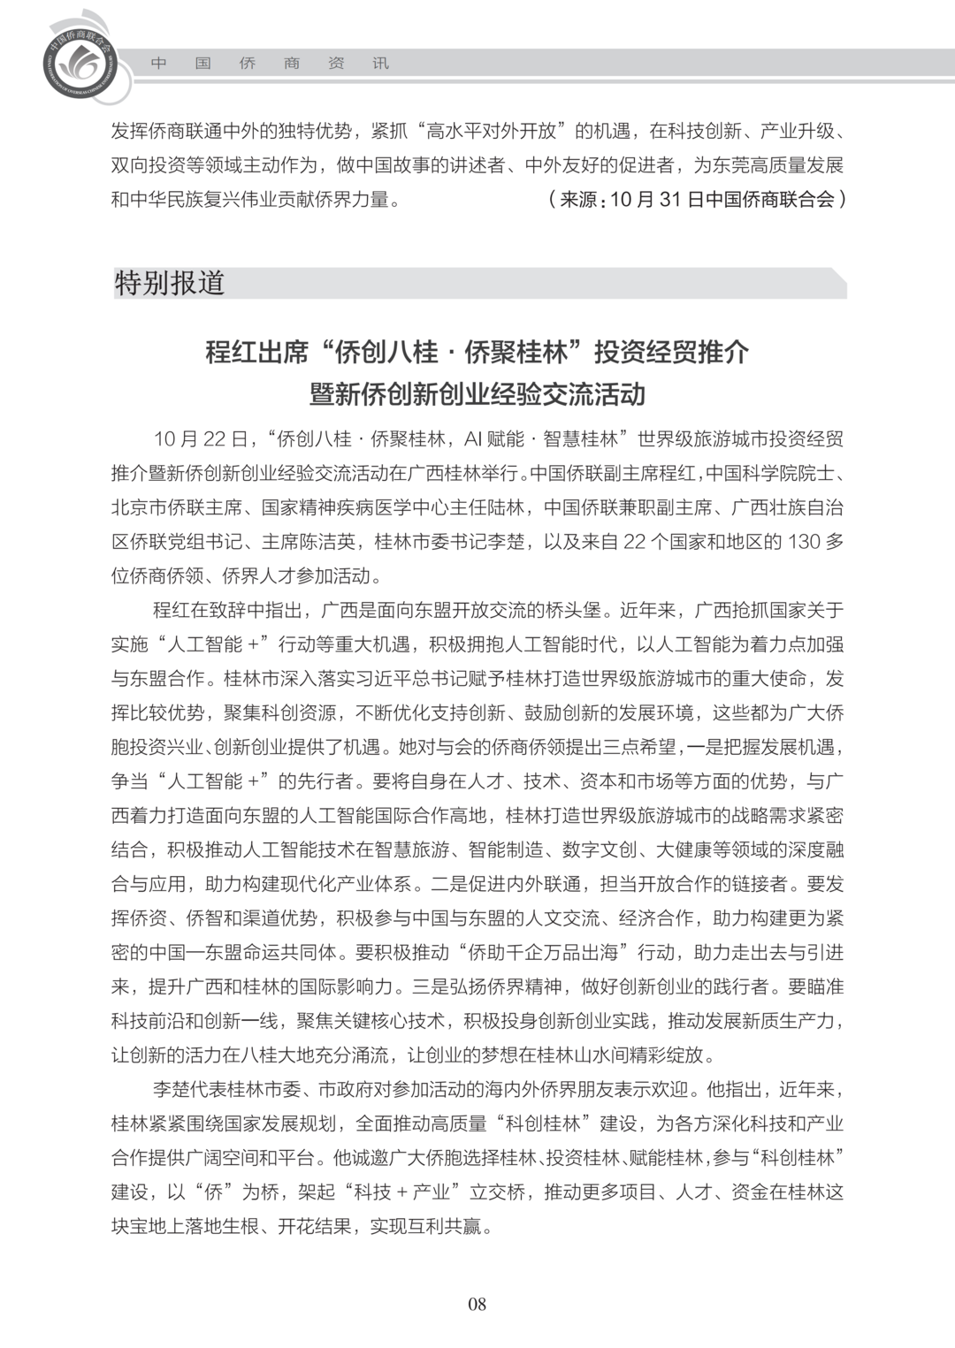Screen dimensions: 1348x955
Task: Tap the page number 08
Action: (x=477, y=1304)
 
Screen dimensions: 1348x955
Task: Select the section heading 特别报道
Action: (x=170, y=284)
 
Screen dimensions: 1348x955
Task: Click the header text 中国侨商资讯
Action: (x=269, y=64)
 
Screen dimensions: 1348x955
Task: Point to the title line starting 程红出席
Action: (x=477, y=352)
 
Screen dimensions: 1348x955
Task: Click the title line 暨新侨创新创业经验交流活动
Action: (x=477, y=393)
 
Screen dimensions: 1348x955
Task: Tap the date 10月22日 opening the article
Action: (x=202, y=439)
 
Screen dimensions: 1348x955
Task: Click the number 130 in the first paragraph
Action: (x=804, y=542)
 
